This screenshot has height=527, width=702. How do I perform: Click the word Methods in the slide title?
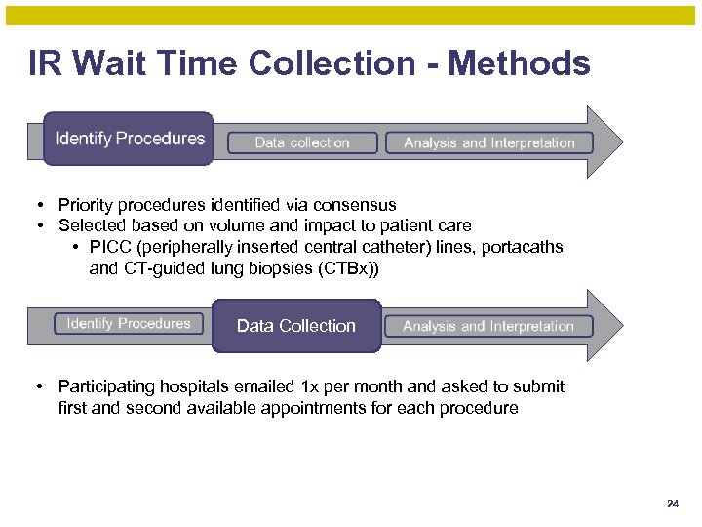tap(519, 64)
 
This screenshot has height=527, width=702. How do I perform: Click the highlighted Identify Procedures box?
tap(129, 139)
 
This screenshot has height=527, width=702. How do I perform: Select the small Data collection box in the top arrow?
tap(302, 142)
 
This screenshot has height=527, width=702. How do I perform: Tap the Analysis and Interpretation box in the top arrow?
tap(489, 142)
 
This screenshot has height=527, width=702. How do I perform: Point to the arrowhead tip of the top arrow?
tap(621, 142)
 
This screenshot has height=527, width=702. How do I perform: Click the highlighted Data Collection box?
tap(296, 326)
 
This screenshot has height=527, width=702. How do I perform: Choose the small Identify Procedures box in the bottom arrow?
tap(129, 323)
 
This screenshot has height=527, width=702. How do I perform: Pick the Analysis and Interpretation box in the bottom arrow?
tap(488, 326)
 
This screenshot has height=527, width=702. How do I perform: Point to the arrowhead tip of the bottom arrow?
tap(621, 325)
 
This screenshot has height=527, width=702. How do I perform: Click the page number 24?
tap(672, 505)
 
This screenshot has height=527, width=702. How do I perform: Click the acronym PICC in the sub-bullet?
tap(107, 247)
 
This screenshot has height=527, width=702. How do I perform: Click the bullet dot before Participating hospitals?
tap(36, 387)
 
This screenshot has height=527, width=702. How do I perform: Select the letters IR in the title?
tap(44, 64)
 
